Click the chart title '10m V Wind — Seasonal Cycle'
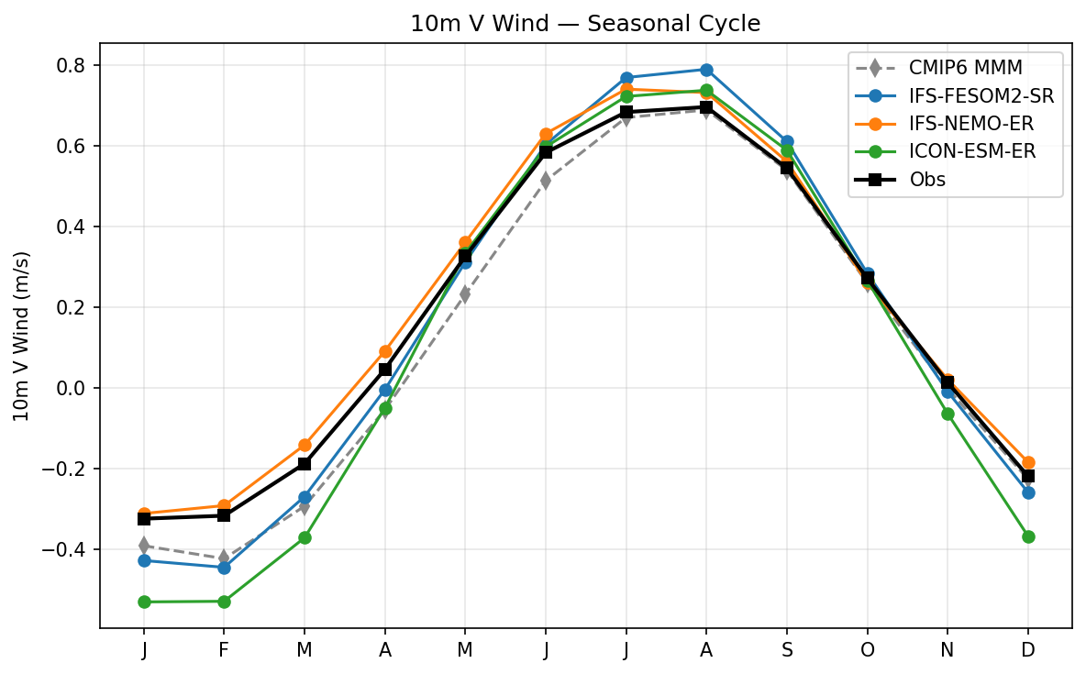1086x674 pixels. click(585, 24)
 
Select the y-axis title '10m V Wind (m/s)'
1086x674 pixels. click(21, 336)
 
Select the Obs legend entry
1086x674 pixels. click(927, 180)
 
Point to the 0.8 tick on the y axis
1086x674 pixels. click(72, 66)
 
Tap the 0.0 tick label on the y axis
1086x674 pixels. click(72, 388)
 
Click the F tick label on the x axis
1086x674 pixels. click(224, 650)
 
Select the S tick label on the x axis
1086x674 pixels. click(787, 650)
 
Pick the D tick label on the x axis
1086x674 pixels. click(1028, 650)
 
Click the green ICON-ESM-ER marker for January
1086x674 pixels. click(144, 602)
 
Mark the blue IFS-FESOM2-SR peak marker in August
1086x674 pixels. click(706, 70)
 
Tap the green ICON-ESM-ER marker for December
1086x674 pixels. click(1028, 536)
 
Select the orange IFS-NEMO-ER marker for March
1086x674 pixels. click(305, 445)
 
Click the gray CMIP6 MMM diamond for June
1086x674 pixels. click(546, 181)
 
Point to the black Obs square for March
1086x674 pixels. click(305, 464)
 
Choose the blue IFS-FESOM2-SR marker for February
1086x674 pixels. click(224, 568)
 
